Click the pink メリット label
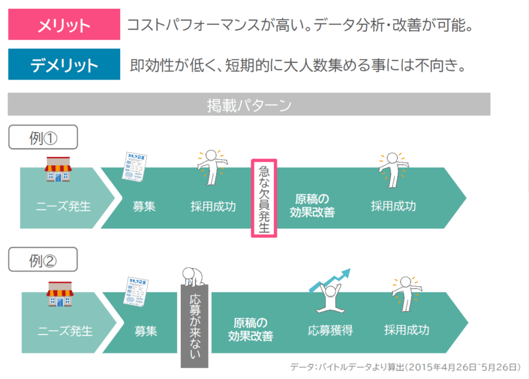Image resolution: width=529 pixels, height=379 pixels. pos(64,25)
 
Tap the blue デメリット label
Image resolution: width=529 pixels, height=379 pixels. pos(64,65)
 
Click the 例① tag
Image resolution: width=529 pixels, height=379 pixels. pos(43,138)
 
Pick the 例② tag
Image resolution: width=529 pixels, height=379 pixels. pos(43,260)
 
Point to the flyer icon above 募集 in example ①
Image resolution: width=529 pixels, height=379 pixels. pos(135,166)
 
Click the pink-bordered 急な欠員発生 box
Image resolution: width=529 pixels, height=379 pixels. pos(264,198)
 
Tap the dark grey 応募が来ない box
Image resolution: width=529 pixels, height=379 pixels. pos(194,325)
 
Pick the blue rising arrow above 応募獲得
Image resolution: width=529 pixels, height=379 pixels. pos(331,279)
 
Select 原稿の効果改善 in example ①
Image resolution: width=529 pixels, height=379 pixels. pos(312,206)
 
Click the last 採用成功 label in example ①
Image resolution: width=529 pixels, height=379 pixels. pos(393,206)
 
